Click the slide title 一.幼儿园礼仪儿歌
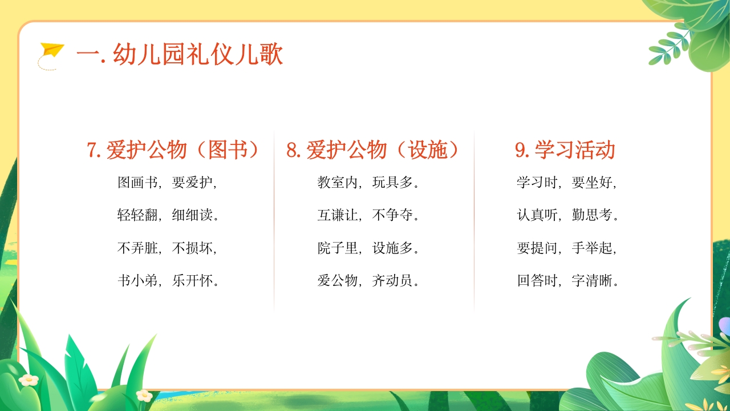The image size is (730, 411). [180, 55]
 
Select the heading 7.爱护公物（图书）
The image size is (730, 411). [173, 150]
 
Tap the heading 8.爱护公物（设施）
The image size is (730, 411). [373, 150]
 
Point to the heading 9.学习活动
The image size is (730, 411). [565, 150]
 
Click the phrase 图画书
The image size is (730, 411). [137, 183]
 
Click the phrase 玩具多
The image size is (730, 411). [392, 183]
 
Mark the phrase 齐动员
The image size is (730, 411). [392, 281]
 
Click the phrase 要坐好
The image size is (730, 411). [591, 183]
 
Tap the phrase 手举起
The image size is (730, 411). [591, 248]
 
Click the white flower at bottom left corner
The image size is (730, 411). [28, 380]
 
